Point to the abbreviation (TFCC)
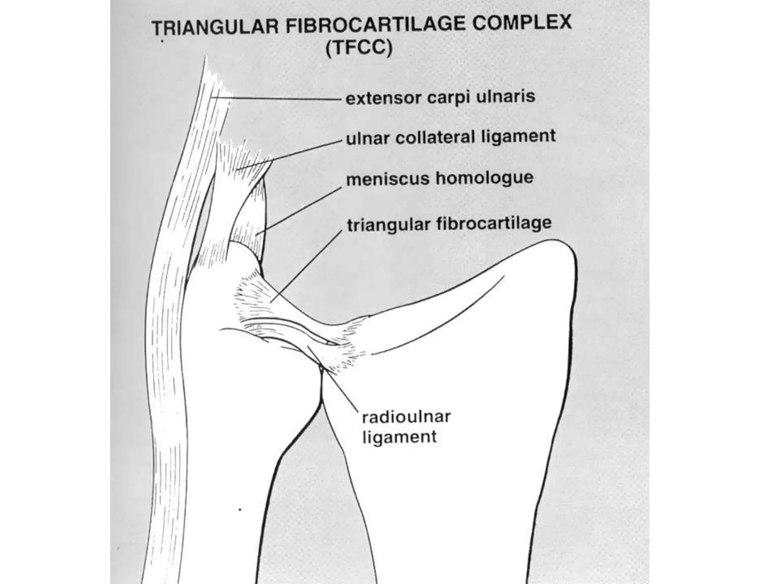(x=359, y=49)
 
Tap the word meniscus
(x=388, y=179)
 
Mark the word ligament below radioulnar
(x=399, y=437)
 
